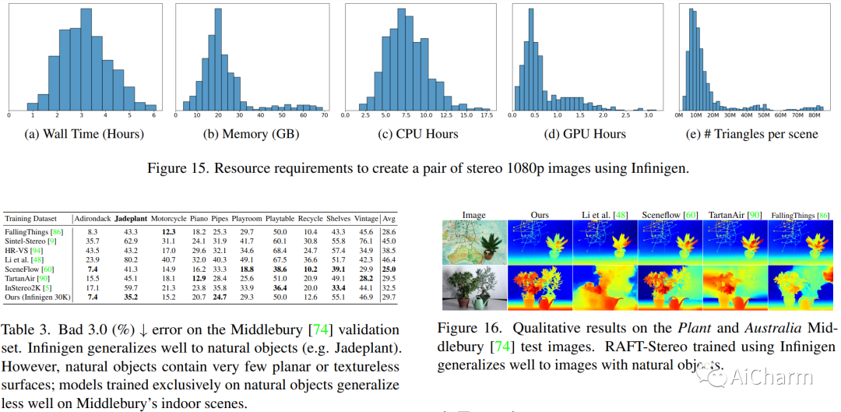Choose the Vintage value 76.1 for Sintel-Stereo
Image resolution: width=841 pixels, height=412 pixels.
pyautogui.click(x=364, y=241)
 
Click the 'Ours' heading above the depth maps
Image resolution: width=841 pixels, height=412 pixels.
pyautogui.click(x=539, y=214)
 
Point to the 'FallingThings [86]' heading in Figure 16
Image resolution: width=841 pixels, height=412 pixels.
pyautogui.click(x=801, y=214)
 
